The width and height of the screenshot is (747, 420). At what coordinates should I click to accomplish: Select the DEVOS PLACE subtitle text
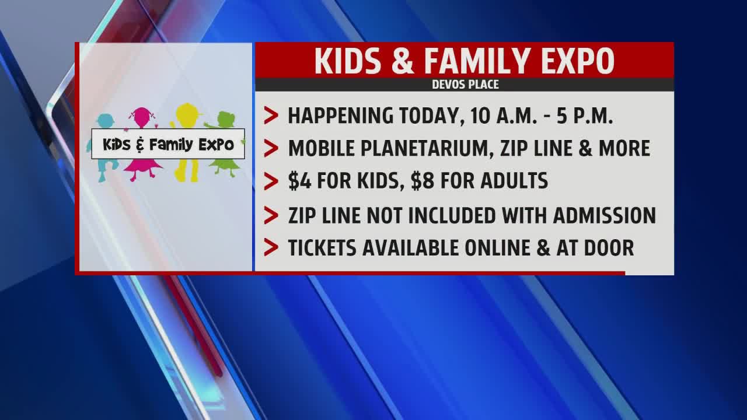[x=465, y=85]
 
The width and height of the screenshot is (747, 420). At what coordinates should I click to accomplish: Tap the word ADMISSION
[x=605, y=215]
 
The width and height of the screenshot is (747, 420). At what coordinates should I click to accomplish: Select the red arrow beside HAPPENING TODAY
[x=271, y=116]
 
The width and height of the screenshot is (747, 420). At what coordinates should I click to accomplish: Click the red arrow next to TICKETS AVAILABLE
[x=271, y=248]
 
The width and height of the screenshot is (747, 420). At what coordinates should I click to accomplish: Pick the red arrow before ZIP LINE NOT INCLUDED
[x=271, y=215]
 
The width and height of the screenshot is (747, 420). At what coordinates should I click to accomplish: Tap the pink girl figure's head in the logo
[x=142, y=117]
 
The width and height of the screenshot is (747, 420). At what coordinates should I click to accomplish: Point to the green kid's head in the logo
[x=226, y=120]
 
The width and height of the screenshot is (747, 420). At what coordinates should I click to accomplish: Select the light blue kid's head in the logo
[x=106, y=121]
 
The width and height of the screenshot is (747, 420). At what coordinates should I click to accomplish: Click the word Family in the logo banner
[x=171, y=145]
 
